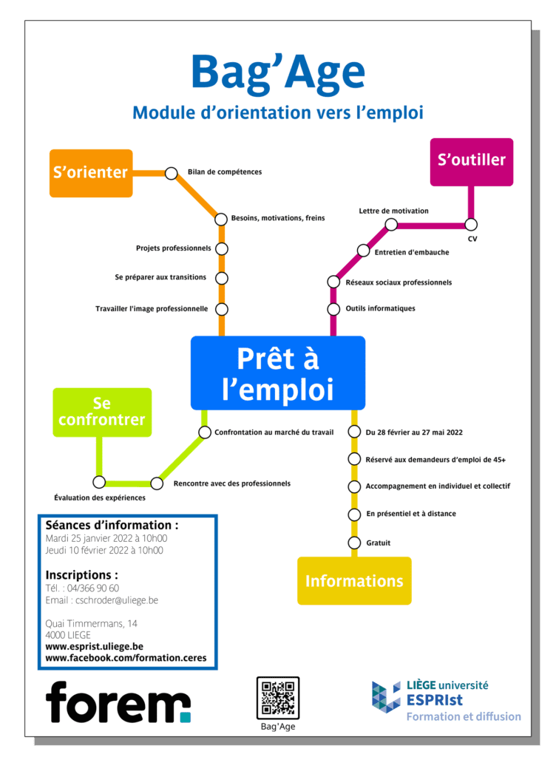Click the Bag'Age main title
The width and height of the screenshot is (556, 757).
278,73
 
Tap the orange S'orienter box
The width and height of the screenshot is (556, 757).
91,173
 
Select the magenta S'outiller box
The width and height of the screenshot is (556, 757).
472,162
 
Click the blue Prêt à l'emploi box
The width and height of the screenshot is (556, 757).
278,373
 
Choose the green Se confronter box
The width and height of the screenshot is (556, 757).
102,413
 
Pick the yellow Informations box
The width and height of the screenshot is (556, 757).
354,581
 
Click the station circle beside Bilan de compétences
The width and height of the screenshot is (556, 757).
172,173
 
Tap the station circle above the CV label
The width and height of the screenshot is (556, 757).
471,225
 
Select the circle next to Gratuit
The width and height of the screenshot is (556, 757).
354,543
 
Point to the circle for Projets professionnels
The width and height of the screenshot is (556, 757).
222,248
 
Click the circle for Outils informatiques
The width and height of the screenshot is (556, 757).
333,309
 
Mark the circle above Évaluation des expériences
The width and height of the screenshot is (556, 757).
99,482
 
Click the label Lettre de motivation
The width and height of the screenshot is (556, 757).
393,211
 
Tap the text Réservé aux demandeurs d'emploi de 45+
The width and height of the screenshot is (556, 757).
435,460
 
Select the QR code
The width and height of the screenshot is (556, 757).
278,698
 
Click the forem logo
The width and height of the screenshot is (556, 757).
118,702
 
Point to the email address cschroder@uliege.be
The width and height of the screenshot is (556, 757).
117,600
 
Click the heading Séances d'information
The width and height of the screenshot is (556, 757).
112,526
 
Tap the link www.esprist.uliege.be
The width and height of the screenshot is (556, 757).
94,646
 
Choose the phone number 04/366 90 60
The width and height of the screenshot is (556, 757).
92,588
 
